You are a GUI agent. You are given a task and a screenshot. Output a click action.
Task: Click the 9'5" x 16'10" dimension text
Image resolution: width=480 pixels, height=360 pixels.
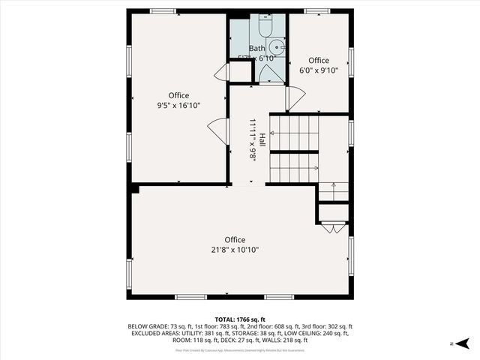[x=178, y=106]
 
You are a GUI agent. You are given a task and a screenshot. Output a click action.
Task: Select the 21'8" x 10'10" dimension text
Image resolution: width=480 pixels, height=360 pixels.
[x=235, y=250]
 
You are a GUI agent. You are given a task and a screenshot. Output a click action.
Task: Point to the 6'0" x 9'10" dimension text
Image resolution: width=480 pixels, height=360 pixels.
[x=319, y=71]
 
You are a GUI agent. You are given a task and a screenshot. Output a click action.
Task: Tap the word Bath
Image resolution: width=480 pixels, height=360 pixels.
[x=257, y=48]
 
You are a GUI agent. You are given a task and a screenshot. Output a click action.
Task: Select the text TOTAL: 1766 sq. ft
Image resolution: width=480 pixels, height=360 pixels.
[x=240, y=319]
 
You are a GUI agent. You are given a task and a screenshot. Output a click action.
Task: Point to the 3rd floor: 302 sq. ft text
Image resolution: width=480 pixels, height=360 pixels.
[x=327, y=327]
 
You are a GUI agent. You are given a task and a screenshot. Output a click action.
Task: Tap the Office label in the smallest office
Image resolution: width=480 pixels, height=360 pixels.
[x=319, y=61]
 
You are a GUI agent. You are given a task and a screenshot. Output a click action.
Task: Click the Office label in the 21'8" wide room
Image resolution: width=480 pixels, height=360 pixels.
[x=235, y=240]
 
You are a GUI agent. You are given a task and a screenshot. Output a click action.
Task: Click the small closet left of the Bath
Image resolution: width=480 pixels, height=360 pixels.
[x=240, y=72]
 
